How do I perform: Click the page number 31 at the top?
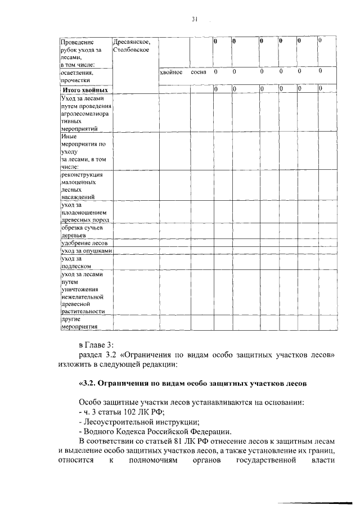pyautogui.click(x=194, y=19)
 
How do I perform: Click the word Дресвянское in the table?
pyautogui.click(x=130, y=42)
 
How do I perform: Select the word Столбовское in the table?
pyautogui.click(x=130, y=50)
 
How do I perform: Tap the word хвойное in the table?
pyautogui.click(x=171, y=72)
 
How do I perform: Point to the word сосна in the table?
pyautogui.click(x=199, y=72)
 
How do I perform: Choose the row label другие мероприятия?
pyautogui.click(x=79, y=322)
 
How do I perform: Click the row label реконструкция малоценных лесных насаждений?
pyautogui.click(x=81, y=186)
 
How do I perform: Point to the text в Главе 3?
pyautogui.click(x=97, y=344)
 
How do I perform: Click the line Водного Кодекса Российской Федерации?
pyautogui.click(x=155, y=431)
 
